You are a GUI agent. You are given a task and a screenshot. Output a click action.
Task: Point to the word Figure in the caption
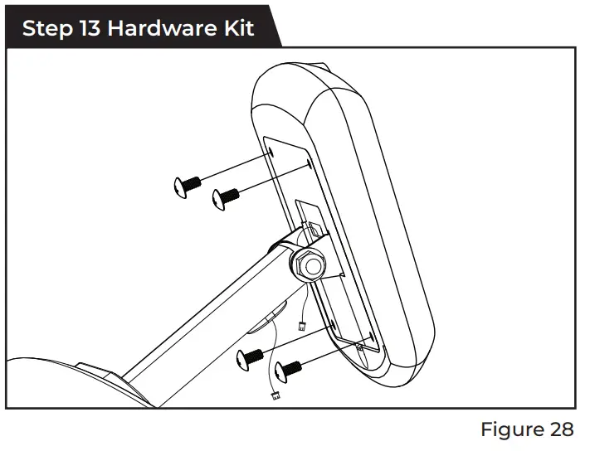510,430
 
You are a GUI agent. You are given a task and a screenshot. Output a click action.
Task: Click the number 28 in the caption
560,430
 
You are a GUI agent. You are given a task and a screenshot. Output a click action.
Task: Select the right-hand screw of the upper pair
224,196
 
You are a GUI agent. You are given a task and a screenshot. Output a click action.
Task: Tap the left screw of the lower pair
250,357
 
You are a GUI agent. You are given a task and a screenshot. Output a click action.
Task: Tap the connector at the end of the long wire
274,395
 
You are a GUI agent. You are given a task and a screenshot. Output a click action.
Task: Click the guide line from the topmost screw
236,167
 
